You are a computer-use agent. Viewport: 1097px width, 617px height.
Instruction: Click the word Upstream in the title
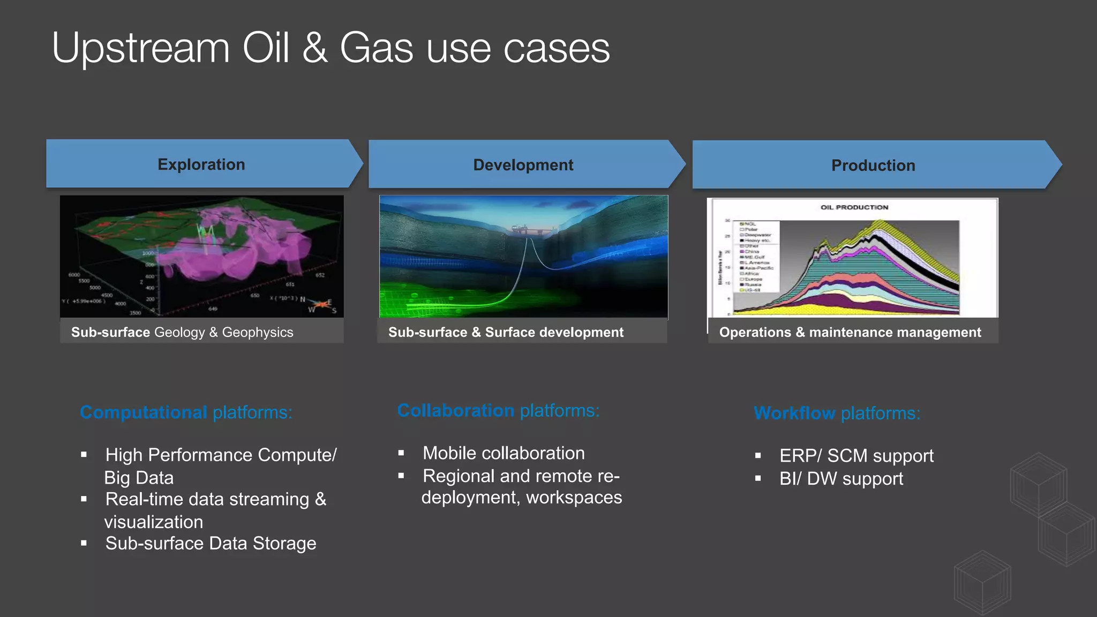(140, 48)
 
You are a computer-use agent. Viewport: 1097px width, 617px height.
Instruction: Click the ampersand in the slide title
(315, 48)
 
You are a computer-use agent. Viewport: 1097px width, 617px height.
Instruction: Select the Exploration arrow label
(201, 164)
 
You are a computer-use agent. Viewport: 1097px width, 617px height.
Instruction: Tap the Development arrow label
(523, 165)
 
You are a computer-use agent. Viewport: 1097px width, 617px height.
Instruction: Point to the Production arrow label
(873, 165)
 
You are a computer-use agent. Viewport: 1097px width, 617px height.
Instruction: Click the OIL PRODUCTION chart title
(854, 207)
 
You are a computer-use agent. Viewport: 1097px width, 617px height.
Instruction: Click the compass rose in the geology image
(320, 305)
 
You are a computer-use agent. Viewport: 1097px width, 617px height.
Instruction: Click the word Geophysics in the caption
(257, 332)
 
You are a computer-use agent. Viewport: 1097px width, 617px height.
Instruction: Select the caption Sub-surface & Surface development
(506, 332)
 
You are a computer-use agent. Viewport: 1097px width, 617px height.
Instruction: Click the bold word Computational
(143, 412)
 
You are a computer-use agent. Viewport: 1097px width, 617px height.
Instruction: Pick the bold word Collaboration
(455, 411)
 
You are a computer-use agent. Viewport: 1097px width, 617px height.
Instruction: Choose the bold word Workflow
(794, 413)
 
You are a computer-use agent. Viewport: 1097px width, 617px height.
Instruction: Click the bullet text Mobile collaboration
(503, 453)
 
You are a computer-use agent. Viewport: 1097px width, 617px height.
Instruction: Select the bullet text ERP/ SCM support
(856, 456)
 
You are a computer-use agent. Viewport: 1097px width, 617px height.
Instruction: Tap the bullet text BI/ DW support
(841, 479)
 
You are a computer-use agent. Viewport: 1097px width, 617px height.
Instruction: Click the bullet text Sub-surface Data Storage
(211, 544)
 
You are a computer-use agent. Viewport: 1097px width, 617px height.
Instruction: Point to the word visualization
(154, 522)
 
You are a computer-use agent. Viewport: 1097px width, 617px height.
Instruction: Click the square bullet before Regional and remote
(401, 476)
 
